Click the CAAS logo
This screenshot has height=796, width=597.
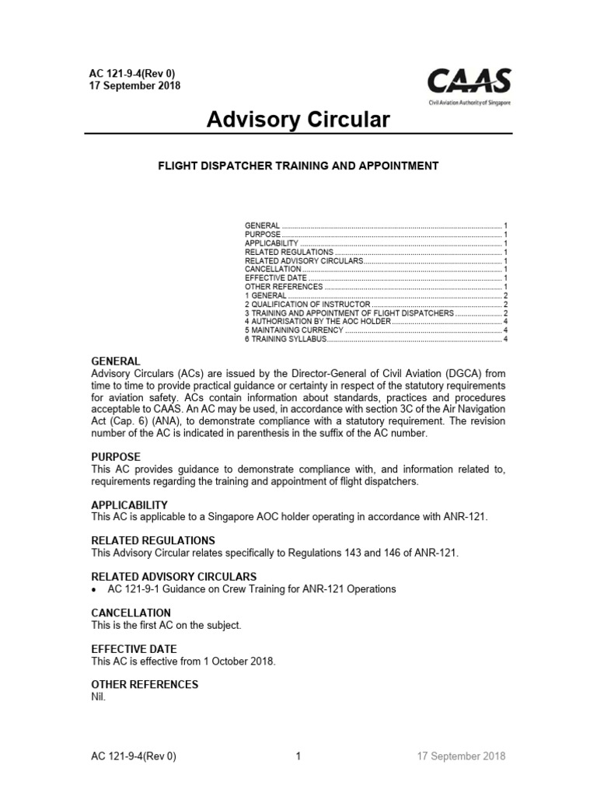[469, 84]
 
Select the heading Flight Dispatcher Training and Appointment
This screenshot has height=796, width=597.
[298, 166]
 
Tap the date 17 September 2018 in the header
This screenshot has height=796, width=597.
[135, 86]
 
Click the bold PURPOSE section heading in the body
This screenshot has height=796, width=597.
[116, 456]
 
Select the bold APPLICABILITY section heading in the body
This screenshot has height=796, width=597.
[130, 505]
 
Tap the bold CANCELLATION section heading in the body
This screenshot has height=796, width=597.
[131, 613]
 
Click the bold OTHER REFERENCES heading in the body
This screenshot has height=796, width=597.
[145, 684]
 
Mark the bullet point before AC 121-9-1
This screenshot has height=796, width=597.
[94, 589]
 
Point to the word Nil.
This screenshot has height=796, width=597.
[98, 696]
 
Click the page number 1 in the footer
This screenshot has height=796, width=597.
[298, 756]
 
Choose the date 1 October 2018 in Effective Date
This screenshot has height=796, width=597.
[236, 661]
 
